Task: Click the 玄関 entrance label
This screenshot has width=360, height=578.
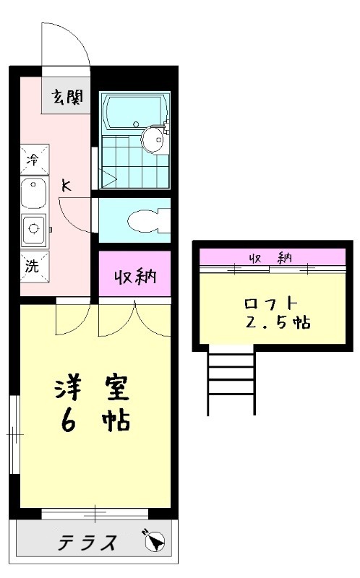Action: tap(67, 96)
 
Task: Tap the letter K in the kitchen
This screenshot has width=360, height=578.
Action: tap(66, 186)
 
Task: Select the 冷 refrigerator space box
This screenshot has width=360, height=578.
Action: tap(35, 159)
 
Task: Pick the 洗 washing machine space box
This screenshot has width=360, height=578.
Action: tap(35, 265)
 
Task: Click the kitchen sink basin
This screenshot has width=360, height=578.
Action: tap(33, 194)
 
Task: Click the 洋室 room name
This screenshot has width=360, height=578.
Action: tap(91, 388)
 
